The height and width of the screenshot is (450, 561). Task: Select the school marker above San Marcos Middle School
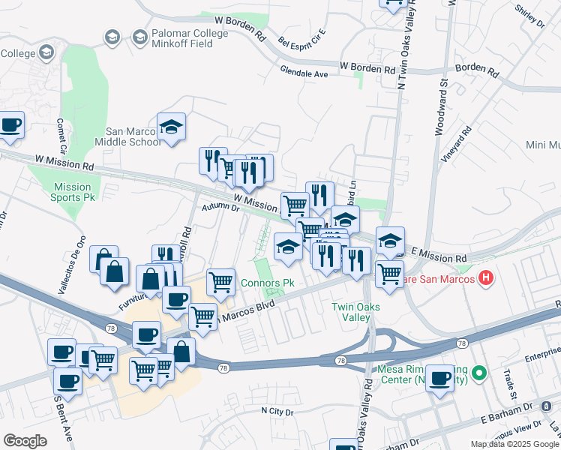tap(171, 128)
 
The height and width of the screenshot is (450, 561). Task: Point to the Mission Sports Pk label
tap(73, 192)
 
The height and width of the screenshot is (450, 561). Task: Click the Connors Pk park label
tap(268, 283)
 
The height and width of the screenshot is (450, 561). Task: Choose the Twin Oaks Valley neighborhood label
tap(355, 312)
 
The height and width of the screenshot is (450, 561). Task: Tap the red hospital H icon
tap(486, 279)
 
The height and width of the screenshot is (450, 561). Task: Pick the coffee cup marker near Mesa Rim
tap(439, 379)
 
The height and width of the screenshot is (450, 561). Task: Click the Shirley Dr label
tap(529, 16)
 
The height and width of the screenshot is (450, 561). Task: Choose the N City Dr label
tap(277, 411)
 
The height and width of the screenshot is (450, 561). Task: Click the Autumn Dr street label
tap(219, 207)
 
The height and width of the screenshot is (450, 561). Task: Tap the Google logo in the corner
tap(25, 441)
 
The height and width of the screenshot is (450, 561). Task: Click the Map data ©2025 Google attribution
tap(514, 444)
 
